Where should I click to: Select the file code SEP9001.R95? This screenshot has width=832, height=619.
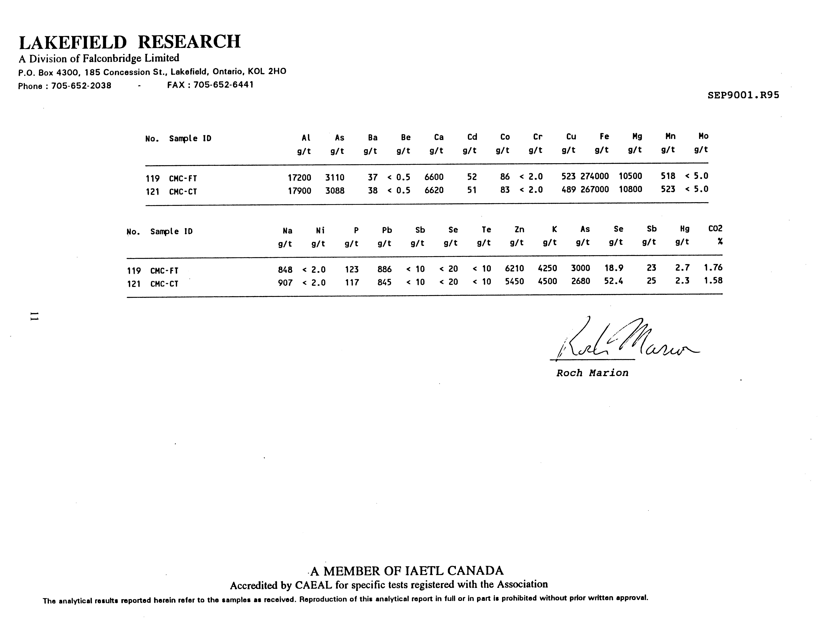743,95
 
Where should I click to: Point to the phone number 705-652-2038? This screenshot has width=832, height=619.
81,86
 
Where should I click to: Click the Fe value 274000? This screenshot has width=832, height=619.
595,176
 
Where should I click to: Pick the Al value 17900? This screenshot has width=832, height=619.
299,191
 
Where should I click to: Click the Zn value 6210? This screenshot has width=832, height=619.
514,269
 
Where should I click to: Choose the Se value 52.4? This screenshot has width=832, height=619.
614,281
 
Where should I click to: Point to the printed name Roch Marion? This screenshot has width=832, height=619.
592,373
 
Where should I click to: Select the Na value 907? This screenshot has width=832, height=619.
285,282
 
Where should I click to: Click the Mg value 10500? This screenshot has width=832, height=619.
630,176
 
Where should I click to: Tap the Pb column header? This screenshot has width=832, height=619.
387,230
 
